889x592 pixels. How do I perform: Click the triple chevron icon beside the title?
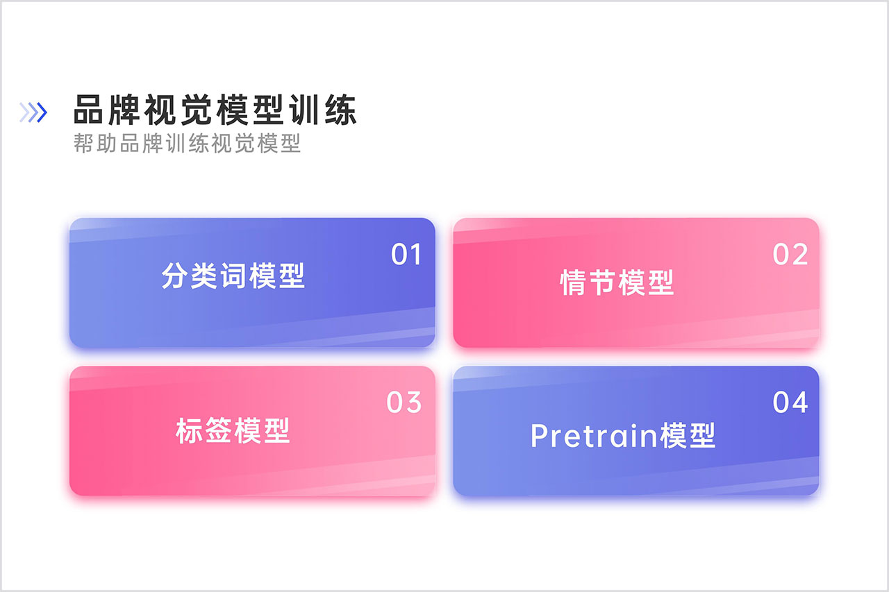point(33,112)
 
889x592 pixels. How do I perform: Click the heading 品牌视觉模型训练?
point(215,110)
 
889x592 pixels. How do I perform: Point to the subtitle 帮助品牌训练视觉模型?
point(187,143)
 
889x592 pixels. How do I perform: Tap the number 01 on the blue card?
point(406,254)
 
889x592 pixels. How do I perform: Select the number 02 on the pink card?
point(790,254)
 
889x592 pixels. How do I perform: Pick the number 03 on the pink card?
point(404,403)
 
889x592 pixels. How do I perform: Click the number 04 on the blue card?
point(790,403)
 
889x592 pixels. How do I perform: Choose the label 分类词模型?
point(233,276)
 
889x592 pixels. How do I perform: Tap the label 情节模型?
point(617,282)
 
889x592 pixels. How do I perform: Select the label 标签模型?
point(233,430)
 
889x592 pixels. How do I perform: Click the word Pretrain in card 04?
point(594,436)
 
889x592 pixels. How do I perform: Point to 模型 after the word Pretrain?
point(688,435)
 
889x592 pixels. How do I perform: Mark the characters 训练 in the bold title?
point(323,110)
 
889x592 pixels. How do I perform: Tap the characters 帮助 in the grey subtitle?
point(95,143)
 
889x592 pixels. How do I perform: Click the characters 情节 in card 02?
point(588,282)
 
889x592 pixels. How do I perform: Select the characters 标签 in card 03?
point(203,430)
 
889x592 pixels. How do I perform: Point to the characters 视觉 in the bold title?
point(178,110)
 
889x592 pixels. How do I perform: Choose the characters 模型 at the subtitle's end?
point(279,143)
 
